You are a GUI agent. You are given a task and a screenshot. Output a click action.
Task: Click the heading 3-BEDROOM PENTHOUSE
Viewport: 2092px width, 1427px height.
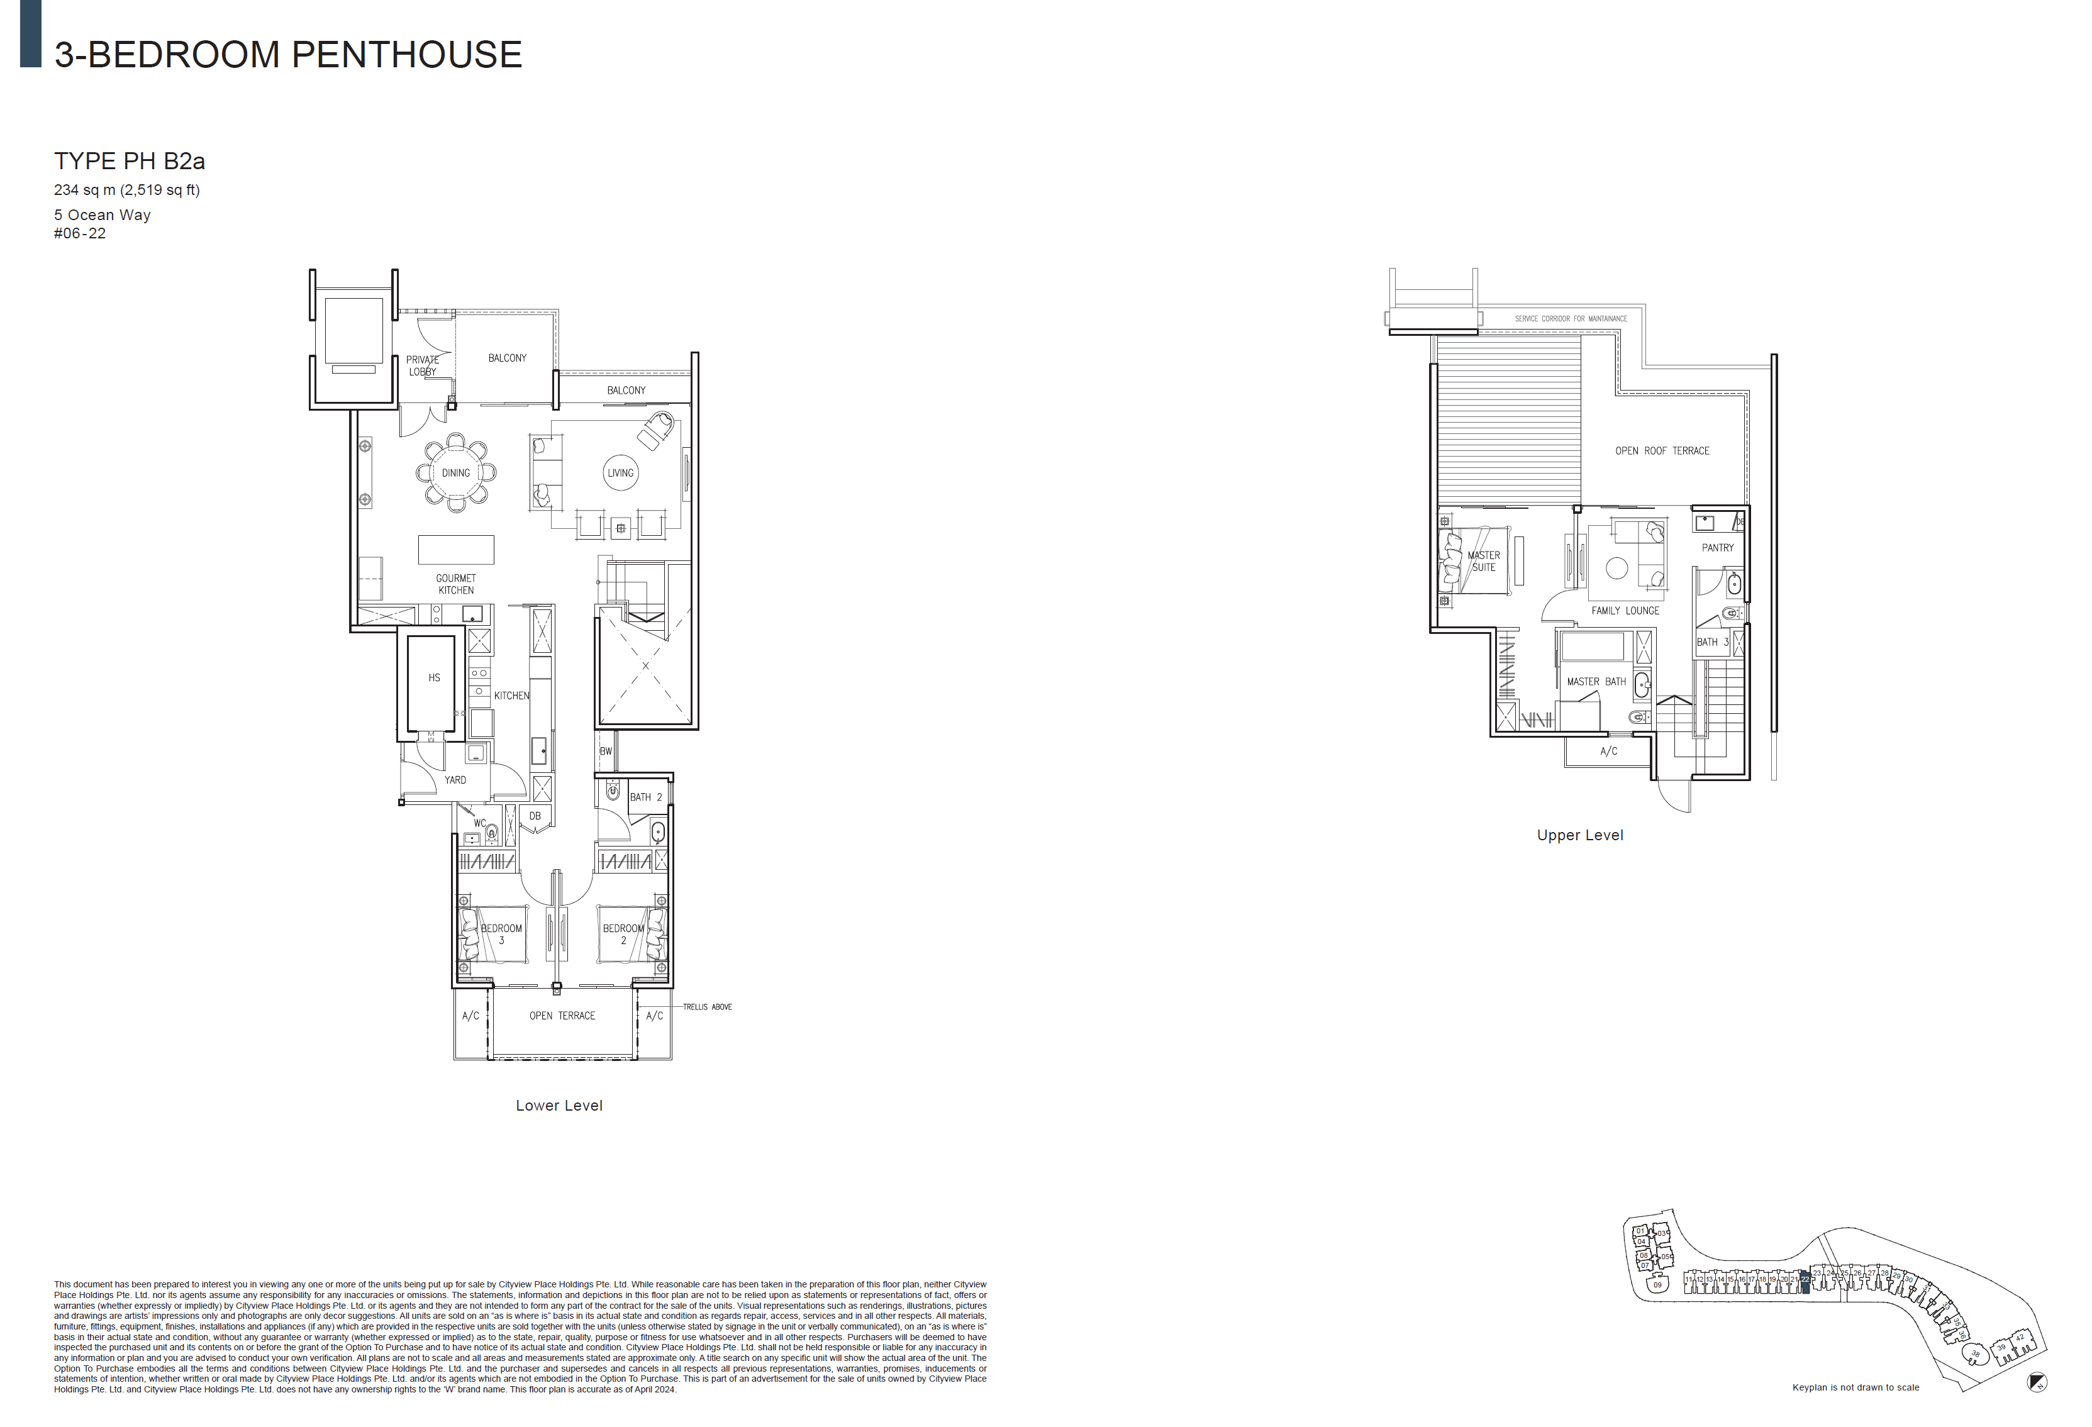[x=288, y=55]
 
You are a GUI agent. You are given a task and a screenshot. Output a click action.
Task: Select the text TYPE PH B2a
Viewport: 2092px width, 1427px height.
[x=130, y=161]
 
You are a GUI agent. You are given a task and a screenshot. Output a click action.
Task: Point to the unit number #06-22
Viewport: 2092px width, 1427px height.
[x=80, y=233]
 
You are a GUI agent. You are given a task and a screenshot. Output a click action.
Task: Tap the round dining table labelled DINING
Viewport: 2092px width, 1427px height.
[x=455, y=473]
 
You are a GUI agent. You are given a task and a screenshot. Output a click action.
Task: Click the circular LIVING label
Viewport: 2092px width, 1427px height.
[x=620, y=473]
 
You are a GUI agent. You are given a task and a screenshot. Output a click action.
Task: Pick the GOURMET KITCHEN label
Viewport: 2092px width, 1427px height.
[x=455, y=584]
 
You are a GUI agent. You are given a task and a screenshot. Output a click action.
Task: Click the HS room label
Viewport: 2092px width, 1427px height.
[x=435, y=678]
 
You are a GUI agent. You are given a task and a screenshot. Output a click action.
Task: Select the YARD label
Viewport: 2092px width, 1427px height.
[x=455, y=780]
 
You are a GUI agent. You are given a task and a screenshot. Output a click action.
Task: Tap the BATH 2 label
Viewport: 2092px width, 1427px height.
[x=645, y=797]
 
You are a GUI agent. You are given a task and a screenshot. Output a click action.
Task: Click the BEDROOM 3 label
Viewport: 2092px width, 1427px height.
[x=501, y=934]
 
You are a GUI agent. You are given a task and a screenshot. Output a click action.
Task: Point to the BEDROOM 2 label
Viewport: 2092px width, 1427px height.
[x=623, y=934]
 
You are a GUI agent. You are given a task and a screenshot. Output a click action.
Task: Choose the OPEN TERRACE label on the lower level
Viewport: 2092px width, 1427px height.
[x=562, y=1016]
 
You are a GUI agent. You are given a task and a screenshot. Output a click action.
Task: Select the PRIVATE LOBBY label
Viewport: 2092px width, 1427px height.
[x=422, y=365]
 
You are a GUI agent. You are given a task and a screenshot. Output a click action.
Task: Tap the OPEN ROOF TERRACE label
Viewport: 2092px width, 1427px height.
[x=1662, y=451]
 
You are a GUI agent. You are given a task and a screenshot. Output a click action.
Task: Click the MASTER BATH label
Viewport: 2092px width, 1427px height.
[x=1596, y=682]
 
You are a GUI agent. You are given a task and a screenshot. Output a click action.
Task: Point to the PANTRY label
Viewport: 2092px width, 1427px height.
[x=1718, y=547]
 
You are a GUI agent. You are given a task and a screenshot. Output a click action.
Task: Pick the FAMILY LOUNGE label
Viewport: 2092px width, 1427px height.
[x=1625, y=611]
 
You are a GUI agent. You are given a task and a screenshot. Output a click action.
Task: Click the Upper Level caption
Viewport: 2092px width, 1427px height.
[x=1580, y=835]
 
